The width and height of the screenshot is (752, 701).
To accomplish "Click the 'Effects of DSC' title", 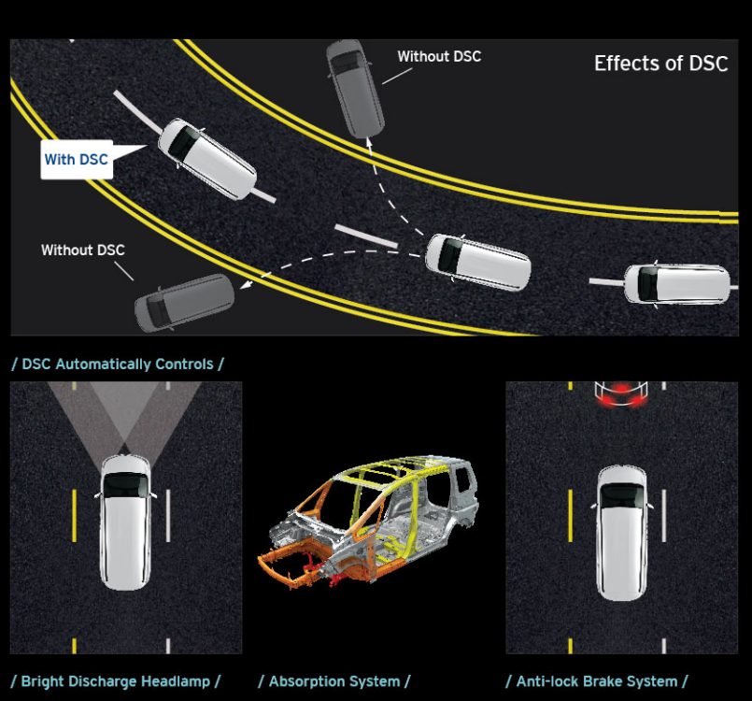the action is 660,64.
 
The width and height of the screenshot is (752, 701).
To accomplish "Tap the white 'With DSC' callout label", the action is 77,160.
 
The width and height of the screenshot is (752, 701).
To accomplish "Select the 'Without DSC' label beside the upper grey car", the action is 439,57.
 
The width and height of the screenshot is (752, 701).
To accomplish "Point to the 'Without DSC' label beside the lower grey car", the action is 83,250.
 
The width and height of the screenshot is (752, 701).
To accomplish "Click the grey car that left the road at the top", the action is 355,89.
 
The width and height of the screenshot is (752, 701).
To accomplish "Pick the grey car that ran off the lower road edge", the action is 185,303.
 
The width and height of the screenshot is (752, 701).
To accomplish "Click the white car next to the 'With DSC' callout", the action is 207,159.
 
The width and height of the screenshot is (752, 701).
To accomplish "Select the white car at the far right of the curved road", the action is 676,285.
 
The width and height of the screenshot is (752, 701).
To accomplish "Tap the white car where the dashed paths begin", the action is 478,262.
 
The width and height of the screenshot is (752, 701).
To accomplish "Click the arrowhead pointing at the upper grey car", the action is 369,142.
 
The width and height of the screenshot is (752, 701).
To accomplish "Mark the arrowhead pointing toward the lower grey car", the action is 246,284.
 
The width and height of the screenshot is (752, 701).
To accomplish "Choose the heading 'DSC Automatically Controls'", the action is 118,365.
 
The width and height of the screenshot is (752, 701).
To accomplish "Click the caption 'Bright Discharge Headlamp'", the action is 116,681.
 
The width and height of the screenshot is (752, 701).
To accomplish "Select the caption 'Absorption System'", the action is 334,681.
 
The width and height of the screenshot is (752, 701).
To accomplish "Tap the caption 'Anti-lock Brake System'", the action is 597,681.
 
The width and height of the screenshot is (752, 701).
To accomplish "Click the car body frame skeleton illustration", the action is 368,522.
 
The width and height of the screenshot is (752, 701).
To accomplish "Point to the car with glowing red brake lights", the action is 621,393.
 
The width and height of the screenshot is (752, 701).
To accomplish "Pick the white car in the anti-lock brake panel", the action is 622,533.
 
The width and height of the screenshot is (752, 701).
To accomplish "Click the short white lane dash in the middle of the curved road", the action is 366,236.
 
